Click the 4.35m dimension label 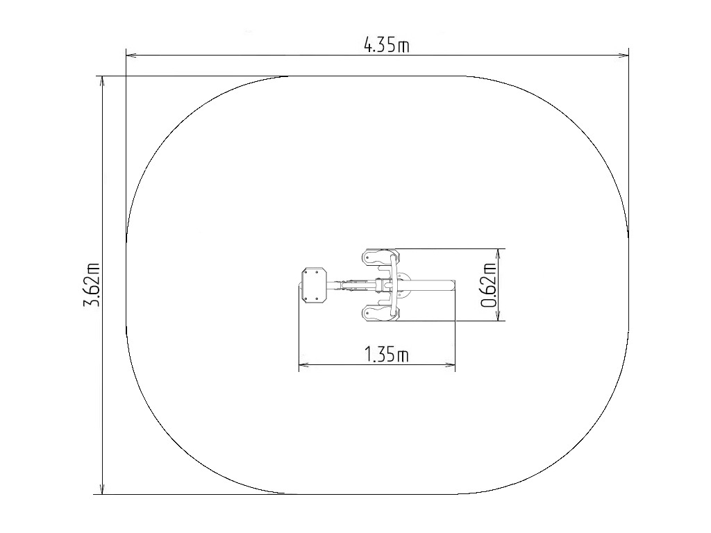pos(386,45)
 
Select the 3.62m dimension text pos(92,285)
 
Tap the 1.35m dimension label pos(386,355)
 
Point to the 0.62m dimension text pos(488,285)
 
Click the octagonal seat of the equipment pos(314,285)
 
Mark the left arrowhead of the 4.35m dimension pos(131,56)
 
